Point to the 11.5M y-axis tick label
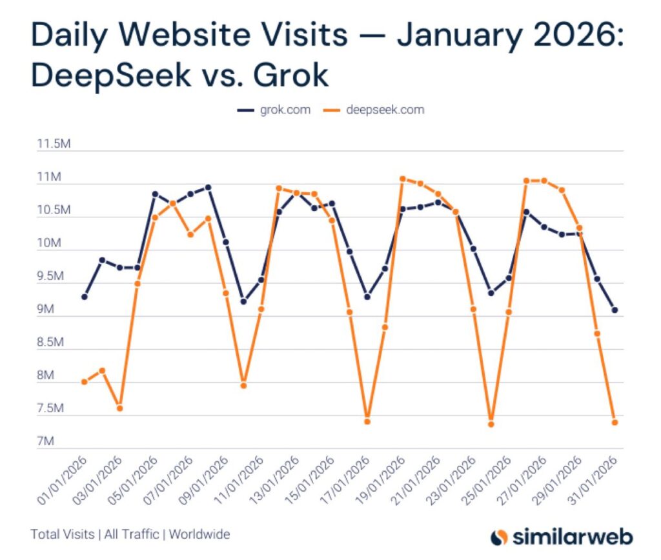[53, 144]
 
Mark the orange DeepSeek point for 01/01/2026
[85, 382]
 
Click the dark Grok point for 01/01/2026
[85, 297]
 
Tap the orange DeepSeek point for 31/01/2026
[615, 423]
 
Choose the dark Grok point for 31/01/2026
[615, 310]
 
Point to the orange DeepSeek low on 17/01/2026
[367, 422]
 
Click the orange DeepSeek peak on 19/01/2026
[402, 179]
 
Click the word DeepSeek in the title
[111, 76]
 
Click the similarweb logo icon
[500, 537]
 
